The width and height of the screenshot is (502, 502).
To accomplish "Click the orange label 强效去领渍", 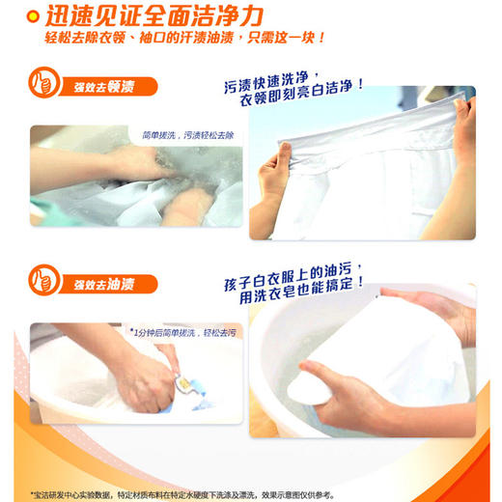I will [x=99, y=88].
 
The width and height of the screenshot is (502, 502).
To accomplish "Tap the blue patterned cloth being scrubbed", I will [x=188, y=391].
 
